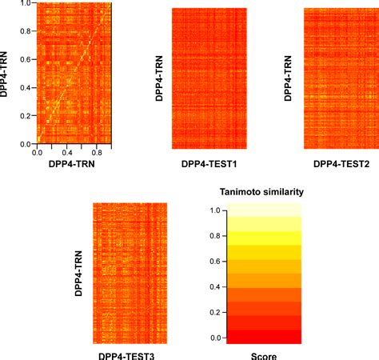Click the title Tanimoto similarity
(x=262, y=192)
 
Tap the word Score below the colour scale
(x=262, y=354)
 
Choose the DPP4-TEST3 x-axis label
(x=130, y=354)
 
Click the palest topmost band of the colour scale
(x=263, y=210)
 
